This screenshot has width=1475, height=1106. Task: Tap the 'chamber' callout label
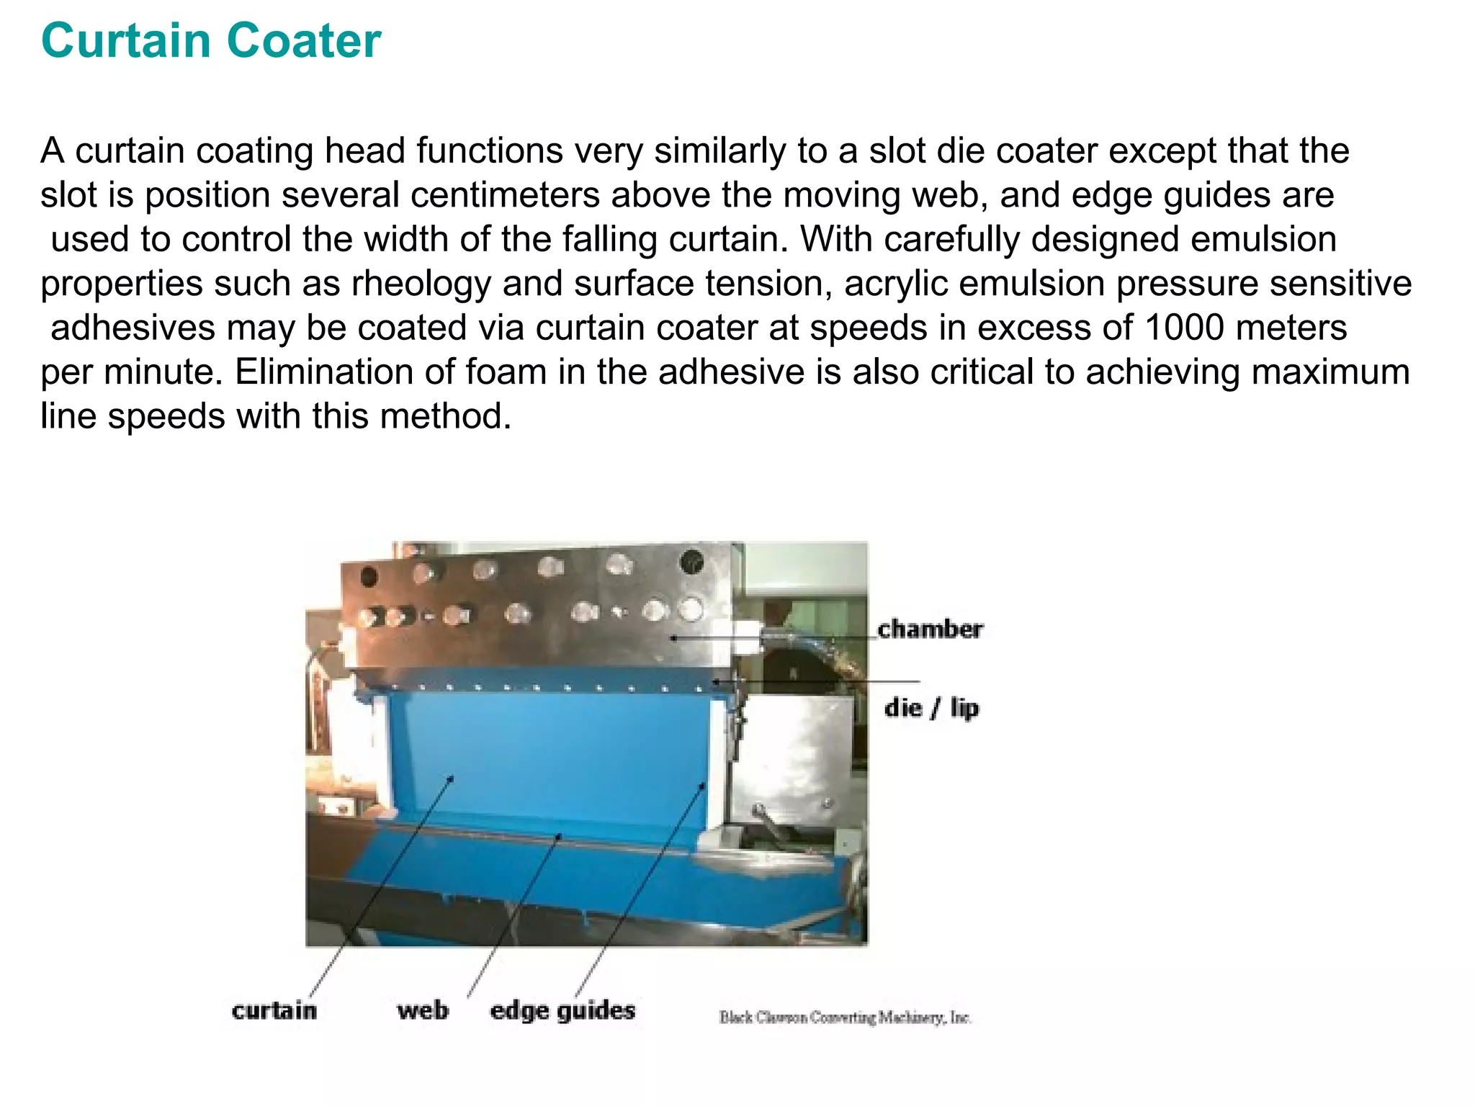930,629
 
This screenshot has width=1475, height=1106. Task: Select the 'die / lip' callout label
932,708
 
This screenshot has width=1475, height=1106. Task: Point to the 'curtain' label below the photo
274,1010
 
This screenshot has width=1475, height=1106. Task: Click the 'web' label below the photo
423,1010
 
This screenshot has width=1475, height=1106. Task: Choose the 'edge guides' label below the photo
562,1010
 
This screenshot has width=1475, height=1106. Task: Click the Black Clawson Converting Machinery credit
845,1017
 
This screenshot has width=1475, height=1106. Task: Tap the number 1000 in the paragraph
1183,328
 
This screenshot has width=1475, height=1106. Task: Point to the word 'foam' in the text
507,372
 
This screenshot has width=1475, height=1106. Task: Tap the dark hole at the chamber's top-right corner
692,561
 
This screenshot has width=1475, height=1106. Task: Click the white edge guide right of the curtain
718,763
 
